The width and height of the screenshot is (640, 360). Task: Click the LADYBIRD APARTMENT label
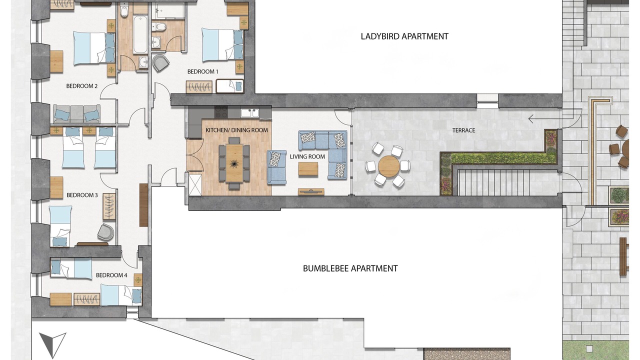[404, 36]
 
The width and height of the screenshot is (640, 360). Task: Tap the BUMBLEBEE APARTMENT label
[350, 268]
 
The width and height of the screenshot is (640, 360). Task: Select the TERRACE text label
[463, 130]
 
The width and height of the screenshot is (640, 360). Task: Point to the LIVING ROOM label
[307, 156]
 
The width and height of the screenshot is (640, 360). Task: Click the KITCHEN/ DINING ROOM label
[237, 130]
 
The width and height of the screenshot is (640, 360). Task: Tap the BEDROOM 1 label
[203, 71]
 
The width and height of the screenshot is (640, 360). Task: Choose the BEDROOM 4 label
[111, 275]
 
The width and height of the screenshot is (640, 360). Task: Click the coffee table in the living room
[308, 169]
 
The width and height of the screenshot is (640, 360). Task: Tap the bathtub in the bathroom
[140, 35]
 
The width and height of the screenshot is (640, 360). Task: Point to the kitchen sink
[249, 113]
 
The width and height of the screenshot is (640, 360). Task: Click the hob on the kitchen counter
[221, 112]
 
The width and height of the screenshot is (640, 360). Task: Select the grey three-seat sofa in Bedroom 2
[76, 113]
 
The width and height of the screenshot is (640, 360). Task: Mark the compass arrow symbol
[52, 344]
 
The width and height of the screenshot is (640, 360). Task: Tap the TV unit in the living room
[311, 191]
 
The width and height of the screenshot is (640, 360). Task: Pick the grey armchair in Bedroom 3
[105, 232]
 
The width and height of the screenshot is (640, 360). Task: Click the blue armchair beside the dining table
[276, 167]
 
